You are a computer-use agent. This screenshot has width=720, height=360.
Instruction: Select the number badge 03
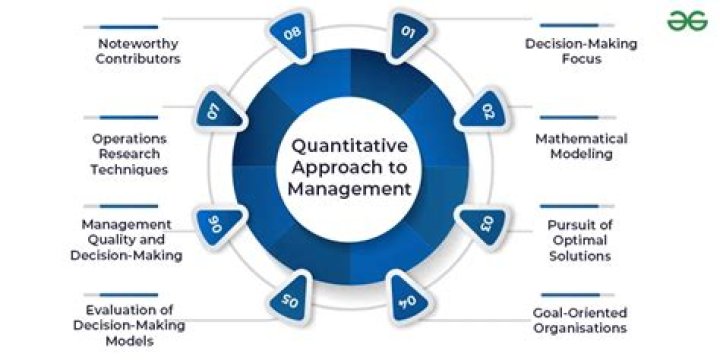485,222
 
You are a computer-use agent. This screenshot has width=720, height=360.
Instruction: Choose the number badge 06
214,222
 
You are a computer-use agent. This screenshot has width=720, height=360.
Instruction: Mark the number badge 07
214,110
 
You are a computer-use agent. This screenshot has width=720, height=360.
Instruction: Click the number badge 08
291,33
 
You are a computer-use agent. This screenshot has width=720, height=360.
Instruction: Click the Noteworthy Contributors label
138,51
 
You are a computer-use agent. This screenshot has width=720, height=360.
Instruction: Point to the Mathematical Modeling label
581,146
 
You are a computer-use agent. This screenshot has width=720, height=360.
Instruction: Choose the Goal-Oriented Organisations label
580,320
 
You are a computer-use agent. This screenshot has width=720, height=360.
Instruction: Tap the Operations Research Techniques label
126,154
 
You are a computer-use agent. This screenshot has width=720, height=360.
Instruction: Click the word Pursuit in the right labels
578,224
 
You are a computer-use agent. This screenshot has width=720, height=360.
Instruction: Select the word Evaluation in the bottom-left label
113,309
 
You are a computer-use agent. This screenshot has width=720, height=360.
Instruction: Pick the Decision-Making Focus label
581,51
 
